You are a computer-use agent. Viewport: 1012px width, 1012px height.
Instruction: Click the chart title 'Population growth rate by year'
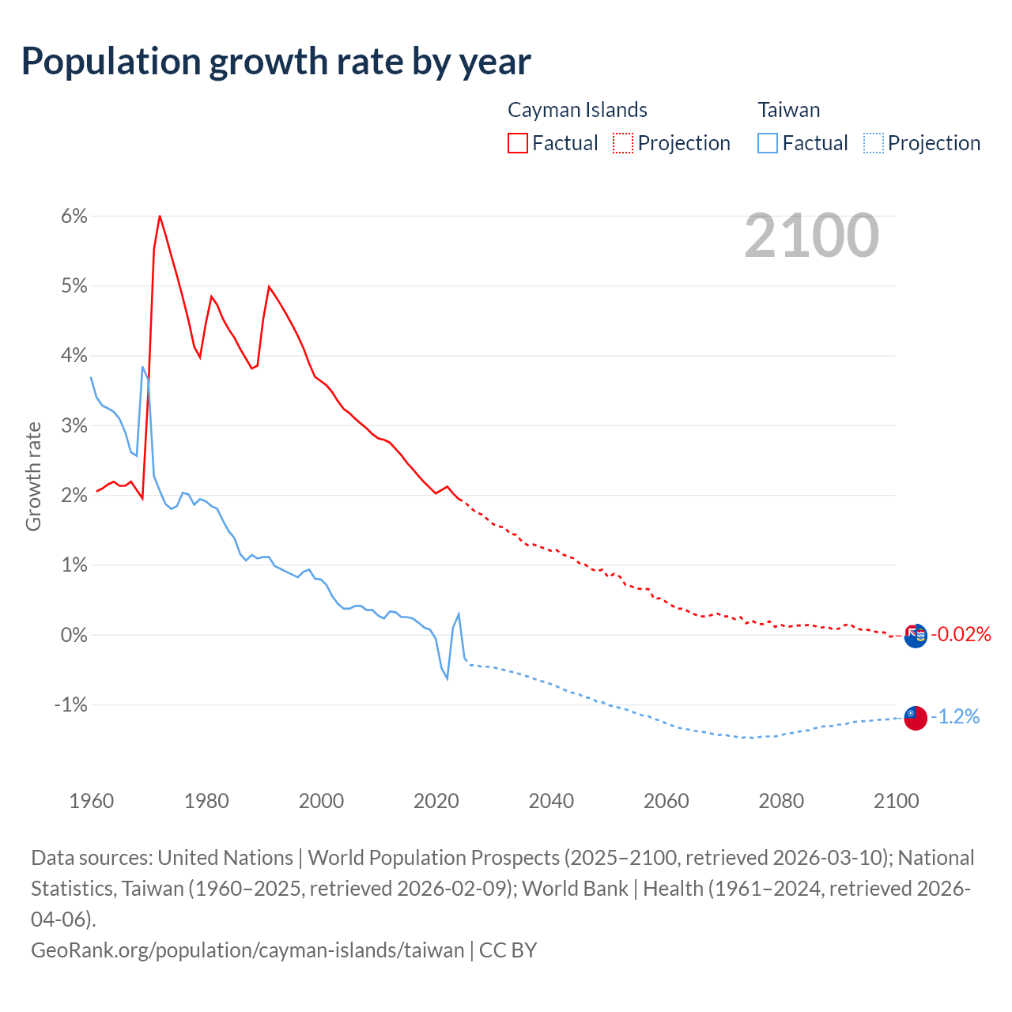pos(276,62)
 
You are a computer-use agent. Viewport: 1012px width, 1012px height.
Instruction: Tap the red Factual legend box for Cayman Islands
pos(518,143)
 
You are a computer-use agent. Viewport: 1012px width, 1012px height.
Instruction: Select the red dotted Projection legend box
pos(623,143)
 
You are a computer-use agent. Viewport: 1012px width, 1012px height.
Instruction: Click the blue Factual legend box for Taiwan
pos(768,143)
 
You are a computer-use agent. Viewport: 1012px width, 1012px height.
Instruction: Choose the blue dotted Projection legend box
pos(873,143)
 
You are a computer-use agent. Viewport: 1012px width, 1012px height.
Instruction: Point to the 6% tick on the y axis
pos(74,216)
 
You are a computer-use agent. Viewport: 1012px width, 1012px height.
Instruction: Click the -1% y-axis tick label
pos(70,704)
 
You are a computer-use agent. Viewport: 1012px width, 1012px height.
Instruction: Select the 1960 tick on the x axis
pos(92,801)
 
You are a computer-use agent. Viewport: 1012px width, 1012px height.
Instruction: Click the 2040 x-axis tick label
pos(551,801)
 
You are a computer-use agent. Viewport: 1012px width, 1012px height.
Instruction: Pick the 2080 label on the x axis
pos(781,801)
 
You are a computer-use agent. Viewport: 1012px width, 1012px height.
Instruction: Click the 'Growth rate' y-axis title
pos(33,477)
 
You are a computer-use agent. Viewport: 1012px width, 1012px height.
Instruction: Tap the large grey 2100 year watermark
pos(811,236)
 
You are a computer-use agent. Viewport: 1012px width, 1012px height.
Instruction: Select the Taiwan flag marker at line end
pos(916,718)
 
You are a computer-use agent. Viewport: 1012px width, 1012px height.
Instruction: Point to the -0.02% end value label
pos(961,634)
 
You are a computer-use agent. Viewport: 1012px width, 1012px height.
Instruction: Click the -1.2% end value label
pos(955,717)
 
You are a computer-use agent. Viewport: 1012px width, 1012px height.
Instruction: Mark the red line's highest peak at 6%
pos(160,216)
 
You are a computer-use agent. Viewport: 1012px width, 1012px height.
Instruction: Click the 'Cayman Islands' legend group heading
pos(577,110)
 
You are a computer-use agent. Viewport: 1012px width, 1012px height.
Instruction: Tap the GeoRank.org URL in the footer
pos(247,950)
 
